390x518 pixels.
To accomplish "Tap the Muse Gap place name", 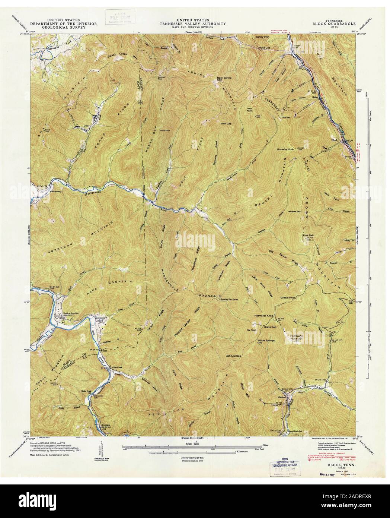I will pos(264,48).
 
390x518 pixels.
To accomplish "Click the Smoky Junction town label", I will pos(71,313).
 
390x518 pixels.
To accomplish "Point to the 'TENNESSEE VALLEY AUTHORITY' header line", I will pos(192,23).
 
